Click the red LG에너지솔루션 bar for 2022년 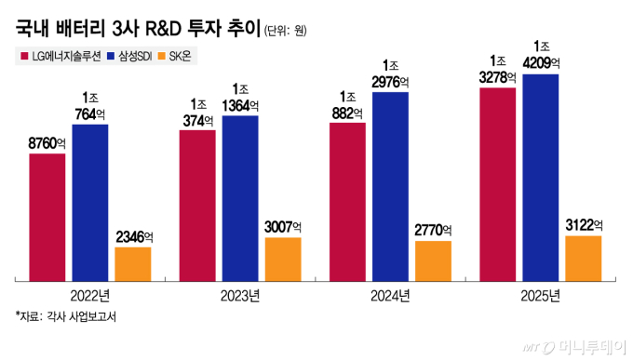coord(47,217)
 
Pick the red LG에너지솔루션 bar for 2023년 coord(197,205)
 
